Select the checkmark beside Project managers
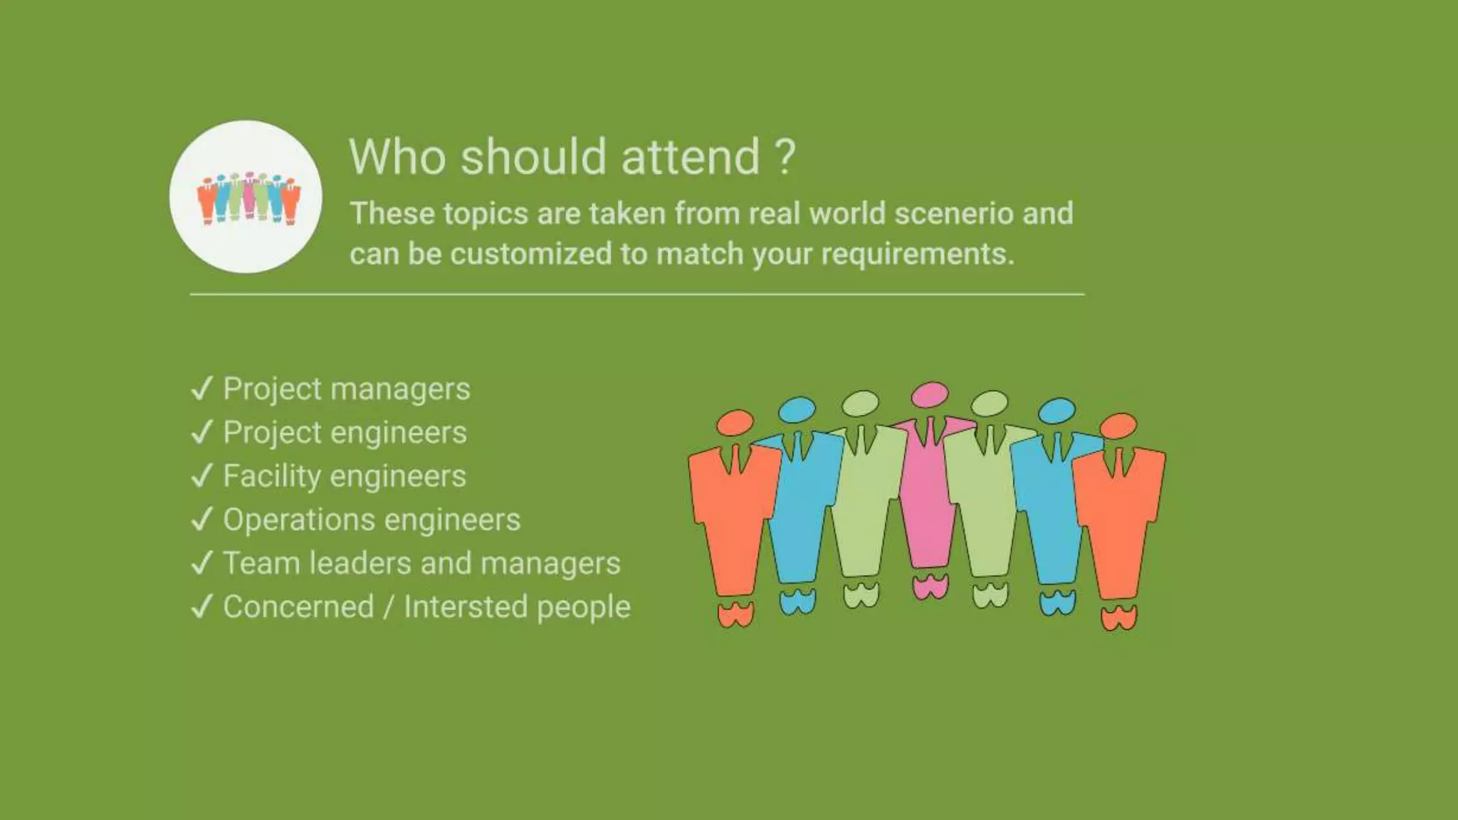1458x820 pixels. (202, 389)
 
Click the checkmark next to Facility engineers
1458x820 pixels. (202, 475)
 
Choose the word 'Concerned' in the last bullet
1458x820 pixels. (298, 606)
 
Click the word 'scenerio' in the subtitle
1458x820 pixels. (953, 214)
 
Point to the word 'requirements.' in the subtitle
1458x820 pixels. (918, 254)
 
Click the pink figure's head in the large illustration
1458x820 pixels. (930, 394)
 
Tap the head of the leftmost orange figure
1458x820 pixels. (735, 422)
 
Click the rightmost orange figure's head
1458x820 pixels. (1118, 426)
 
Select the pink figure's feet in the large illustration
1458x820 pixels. (930, 587)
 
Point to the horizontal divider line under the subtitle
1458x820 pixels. (636, 293)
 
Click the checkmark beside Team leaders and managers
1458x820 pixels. (202, 563)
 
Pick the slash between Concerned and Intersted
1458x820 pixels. (389, 607)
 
